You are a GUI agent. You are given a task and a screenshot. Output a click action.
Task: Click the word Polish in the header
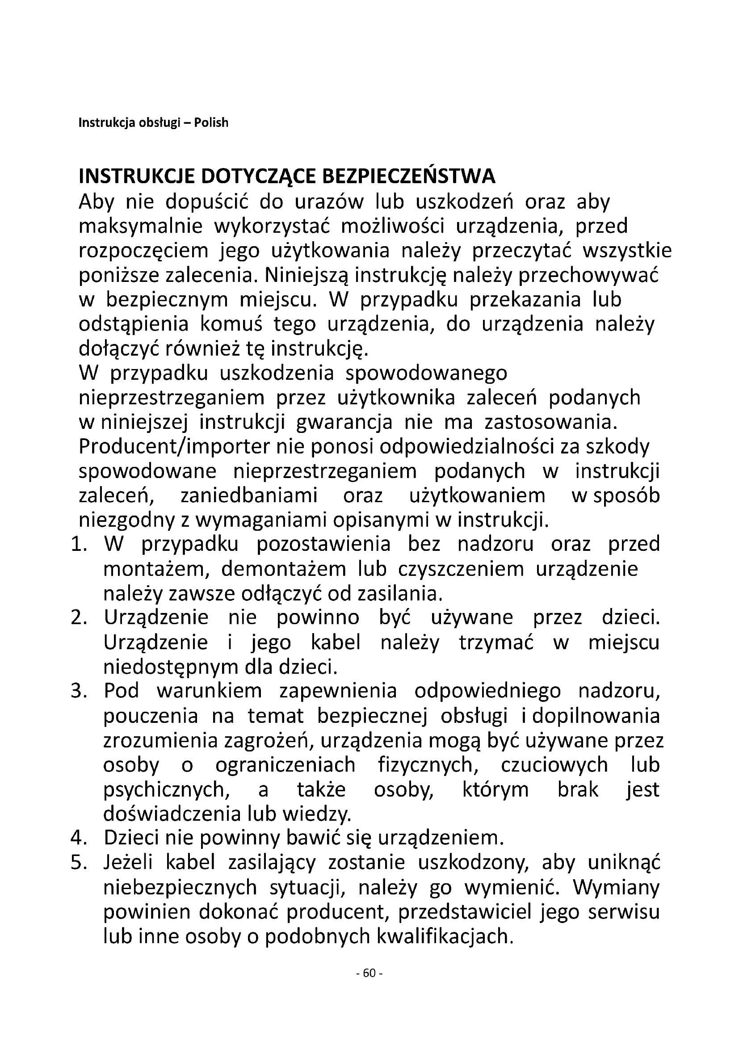tap(211, 123)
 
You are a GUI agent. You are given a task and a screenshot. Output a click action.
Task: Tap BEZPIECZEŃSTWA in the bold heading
tap(408, 176)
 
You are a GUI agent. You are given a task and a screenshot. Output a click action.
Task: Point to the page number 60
tap(369, 973)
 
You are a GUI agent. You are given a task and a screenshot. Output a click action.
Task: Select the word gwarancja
tap(344, 422)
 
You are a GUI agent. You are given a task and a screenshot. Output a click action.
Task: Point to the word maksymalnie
tap(141, 226)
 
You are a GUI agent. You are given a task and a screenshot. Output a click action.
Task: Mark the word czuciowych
tap(554, 764)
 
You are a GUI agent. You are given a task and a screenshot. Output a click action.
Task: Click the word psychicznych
tap(166, 789)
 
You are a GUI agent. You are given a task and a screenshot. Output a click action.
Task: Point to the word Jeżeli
tap(128, 862)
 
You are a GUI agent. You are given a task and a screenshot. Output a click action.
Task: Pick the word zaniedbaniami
tap(249, 495)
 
